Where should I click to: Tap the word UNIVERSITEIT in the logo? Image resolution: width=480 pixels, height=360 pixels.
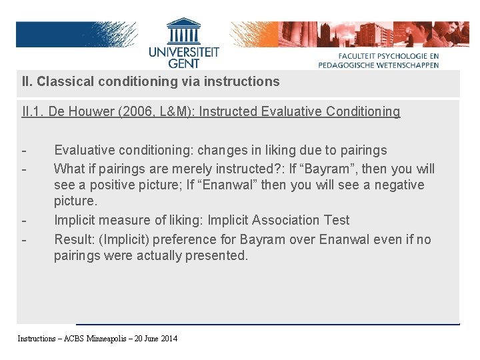click(x=183, y=51)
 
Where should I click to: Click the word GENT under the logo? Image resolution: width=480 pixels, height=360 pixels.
click(x=183, y=63)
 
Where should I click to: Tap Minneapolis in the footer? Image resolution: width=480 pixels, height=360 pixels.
click(x=102, y=339)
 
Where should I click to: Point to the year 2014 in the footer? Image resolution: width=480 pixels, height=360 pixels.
click(x=169, y=339)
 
